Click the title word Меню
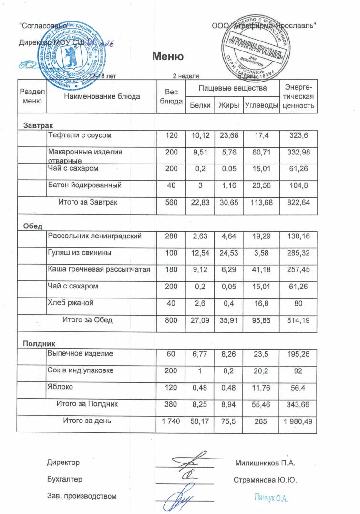[168, 57]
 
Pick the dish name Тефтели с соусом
[80, 135]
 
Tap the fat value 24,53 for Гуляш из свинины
[228, 253]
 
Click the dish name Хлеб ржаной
[70, 303]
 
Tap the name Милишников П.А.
[266, 463]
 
